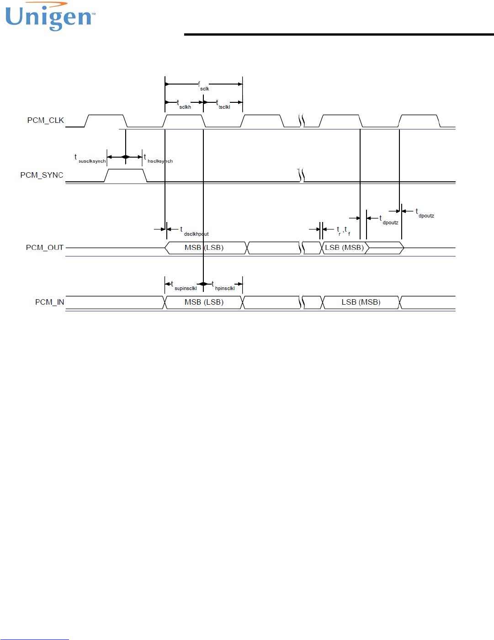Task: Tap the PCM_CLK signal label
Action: (45, 120)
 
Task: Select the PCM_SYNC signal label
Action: (42, 175)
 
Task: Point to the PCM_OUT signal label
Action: (44, 248)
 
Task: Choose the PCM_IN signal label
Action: (49, 302)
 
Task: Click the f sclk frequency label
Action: (203, 86)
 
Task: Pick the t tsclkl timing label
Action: (223, 105)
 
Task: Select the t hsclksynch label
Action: (158, 159)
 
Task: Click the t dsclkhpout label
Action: (194, 232)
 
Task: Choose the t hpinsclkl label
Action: (223, 286)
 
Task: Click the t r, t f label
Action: (343, 231)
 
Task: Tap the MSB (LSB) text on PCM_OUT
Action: (204, 248)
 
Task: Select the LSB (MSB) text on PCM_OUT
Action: (344, 248)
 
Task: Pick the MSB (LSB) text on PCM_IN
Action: (204, 302)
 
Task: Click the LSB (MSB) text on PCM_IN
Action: (361, 302)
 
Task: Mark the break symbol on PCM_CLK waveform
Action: (302, 121)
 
